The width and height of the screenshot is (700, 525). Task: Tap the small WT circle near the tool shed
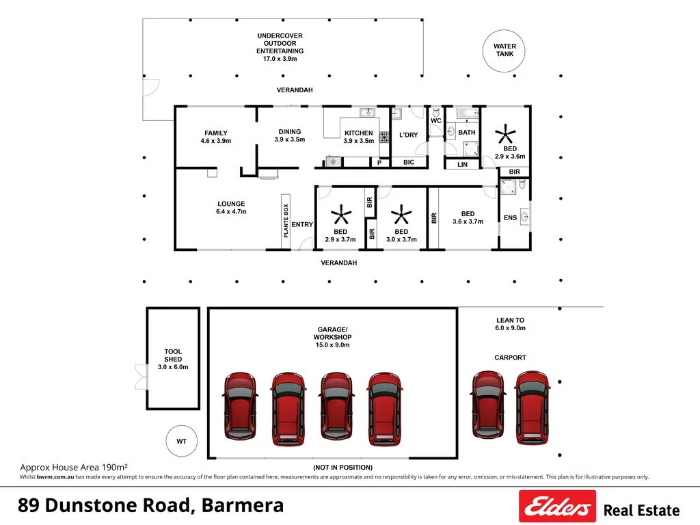(181, 442)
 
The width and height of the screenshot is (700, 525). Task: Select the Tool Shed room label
(173, 360)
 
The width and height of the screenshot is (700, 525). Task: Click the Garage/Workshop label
(332, 337)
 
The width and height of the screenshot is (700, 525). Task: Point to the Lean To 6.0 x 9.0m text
(510, 324)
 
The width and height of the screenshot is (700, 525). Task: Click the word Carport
(510, 358)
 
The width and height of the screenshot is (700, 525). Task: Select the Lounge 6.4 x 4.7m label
(231, 208)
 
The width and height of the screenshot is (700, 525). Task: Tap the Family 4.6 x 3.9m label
(216, 137)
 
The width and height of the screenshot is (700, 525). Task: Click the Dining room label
(289, 135)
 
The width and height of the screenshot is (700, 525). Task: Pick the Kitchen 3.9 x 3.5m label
(358, 137)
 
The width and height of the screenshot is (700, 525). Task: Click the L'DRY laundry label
(408, 135)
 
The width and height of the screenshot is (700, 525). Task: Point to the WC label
(435, 121)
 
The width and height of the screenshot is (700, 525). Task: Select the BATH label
(467, 133)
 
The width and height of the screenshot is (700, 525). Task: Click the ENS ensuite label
(510, 218)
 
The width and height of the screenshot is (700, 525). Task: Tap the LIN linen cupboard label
(462, 164)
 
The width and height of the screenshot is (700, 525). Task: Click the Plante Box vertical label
(286, 220)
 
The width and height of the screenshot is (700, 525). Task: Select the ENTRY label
(302, 225)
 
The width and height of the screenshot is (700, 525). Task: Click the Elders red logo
(557, 507)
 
